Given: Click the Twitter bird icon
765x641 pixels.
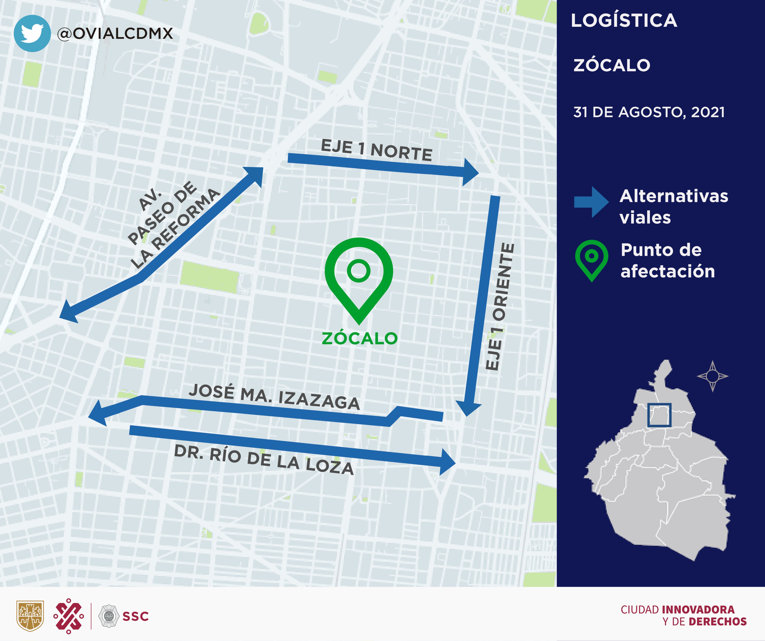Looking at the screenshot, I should tap(32, 33).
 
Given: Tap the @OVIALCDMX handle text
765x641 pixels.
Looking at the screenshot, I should tap(115, 34).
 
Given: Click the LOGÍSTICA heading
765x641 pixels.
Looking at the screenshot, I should tap(624, 20).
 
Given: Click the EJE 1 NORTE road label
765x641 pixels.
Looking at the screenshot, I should tap(376, 150).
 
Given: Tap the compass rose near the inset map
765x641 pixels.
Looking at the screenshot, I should tap(712, 376).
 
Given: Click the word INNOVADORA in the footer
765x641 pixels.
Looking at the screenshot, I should tap(698, 609).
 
